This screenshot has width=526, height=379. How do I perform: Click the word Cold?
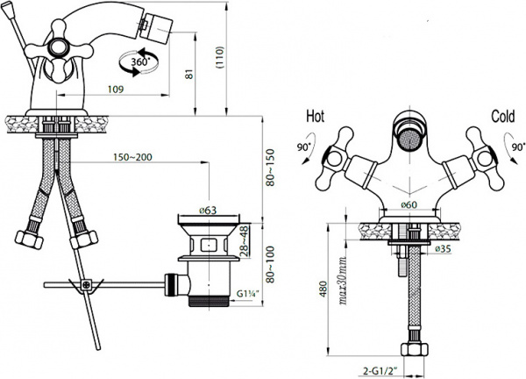(503, 116)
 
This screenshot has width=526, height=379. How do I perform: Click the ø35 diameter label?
(444, 249)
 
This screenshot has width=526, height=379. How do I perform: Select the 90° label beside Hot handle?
(303, 149)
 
